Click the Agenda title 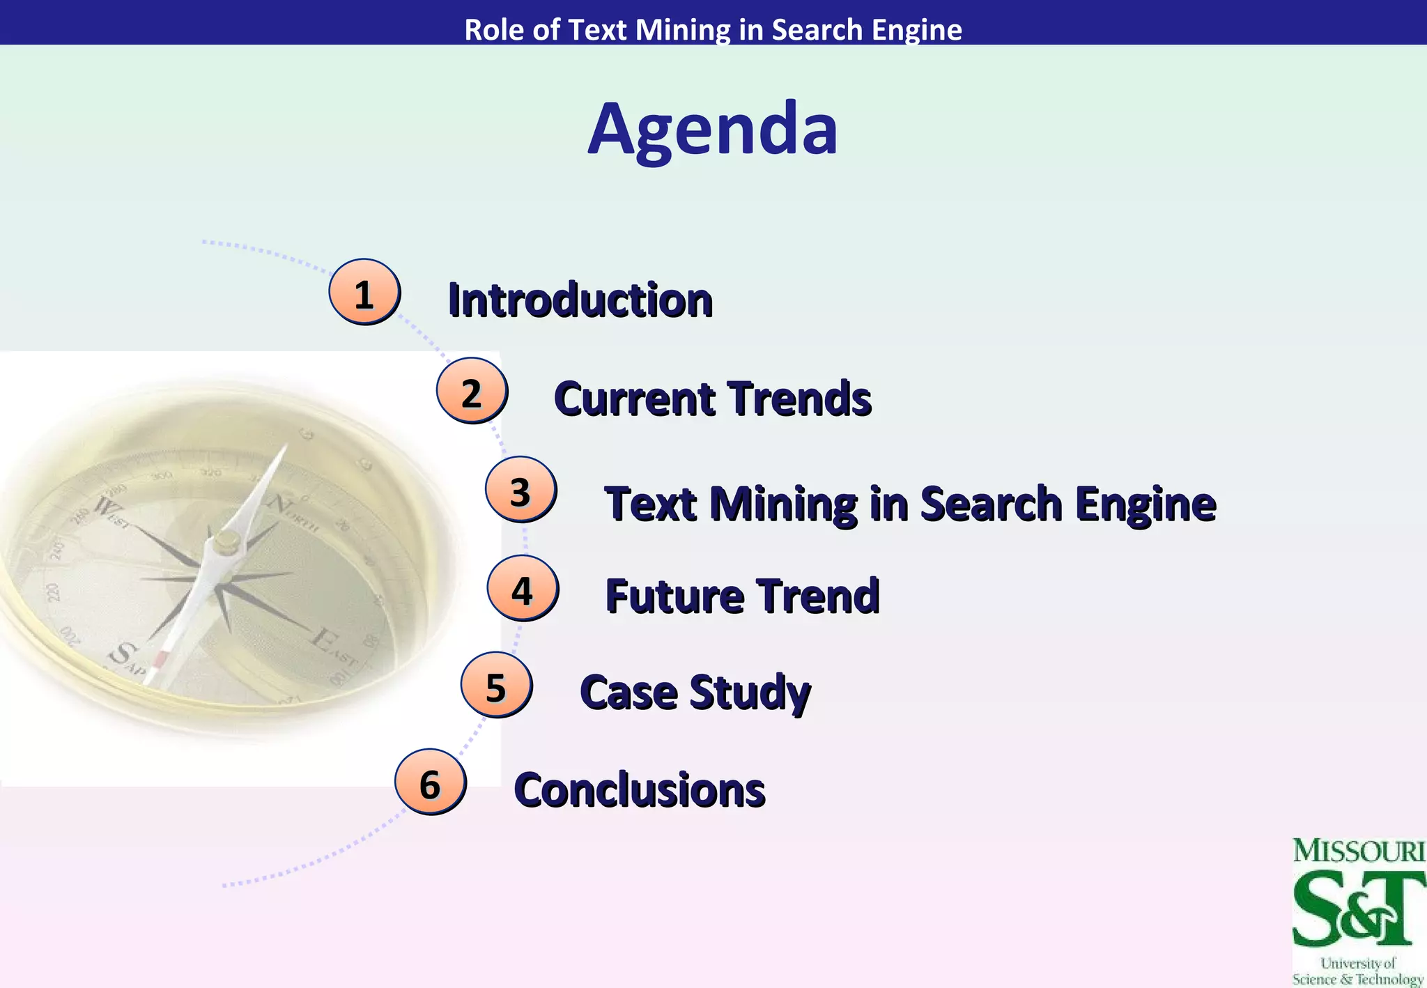[712, 130]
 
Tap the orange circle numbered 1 [364, 293]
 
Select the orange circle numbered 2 [472, 392]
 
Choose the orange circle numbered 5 [495, 686]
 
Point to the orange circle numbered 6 [430, 782]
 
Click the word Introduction [580, 300]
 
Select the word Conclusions [639, 790]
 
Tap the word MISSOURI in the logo [1358, 851]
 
